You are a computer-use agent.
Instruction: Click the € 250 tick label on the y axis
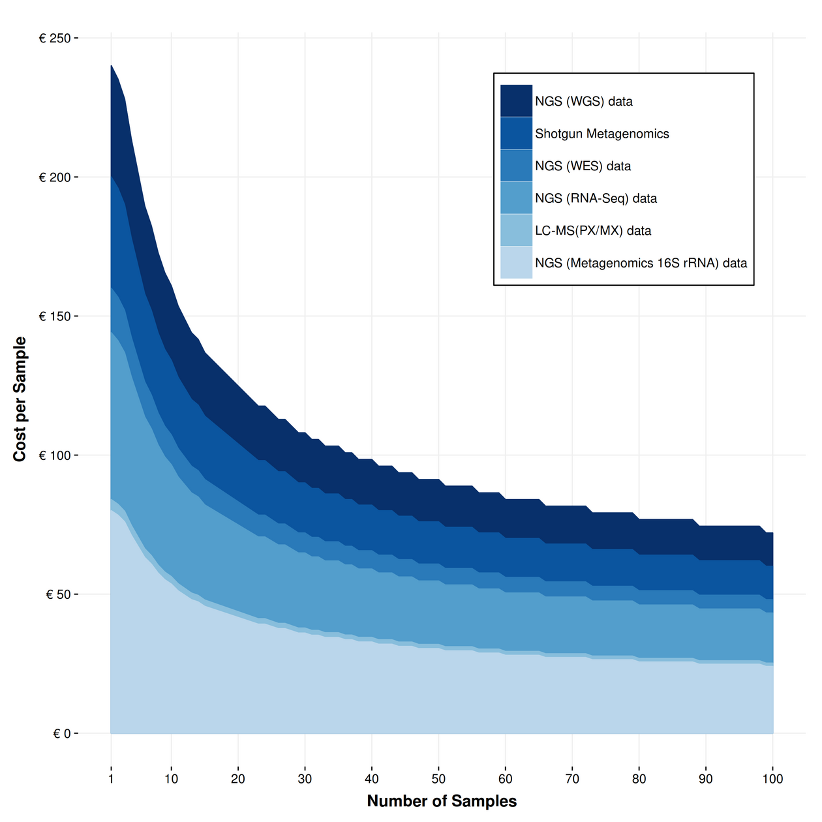coord(55,38)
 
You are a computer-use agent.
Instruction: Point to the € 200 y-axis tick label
coord(55,177)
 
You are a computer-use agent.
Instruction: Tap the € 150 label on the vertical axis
coord(55,316)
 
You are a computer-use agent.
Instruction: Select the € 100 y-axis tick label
coord(55,455)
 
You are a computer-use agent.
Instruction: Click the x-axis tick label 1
coord(111,779)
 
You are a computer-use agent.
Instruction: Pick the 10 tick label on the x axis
coord(171,779)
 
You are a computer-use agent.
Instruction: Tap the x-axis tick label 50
coord(438,779)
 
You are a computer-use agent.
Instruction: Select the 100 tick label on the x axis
coord(772,779)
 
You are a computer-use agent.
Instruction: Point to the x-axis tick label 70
coord(572,779)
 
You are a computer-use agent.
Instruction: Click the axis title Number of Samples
coord(442,801)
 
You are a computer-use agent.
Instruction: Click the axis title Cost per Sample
coord(20,399)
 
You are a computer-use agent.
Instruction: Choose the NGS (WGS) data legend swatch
coord(516,101)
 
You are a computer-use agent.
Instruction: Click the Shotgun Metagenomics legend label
coord(601,134)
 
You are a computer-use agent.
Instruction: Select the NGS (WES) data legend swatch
coord(516,166)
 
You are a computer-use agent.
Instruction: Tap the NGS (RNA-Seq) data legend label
coord(596,198)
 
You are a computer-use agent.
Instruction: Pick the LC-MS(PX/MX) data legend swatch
coord(516,230)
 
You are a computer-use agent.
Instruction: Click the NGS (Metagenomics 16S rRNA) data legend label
coord(641,263)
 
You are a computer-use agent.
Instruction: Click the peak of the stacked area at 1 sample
coord(112,65)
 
